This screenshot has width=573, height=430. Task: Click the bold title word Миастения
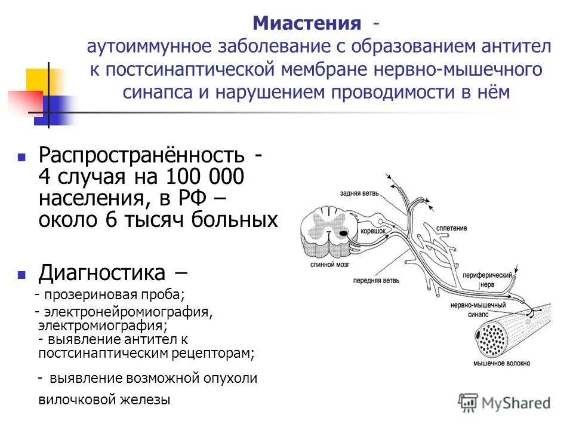pyautogui.click(x=307, y=24)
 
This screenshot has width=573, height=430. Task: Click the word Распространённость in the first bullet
pyautogui.click(x=141, y=156)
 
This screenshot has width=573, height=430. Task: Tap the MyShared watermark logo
pyautogui.click(x=504, y=402)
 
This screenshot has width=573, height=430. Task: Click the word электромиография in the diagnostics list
pyautogui.click(x=102, y=325)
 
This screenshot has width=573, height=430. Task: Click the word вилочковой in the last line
pyautogui.click(x=75, y=400)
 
